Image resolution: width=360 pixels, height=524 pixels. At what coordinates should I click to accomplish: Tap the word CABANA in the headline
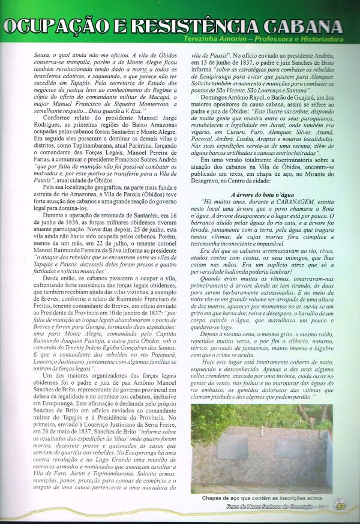303,27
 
